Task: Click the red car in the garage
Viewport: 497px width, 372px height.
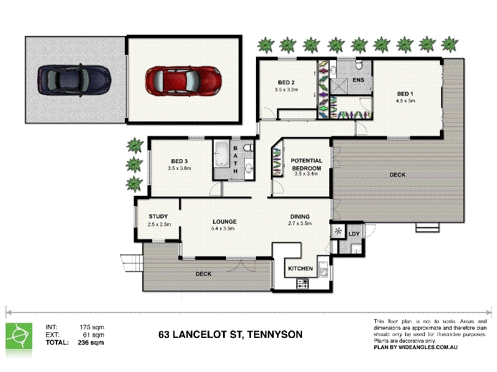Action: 183,81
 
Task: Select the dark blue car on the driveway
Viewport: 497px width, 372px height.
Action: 74,80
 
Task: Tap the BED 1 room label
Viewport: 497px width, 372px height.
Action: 405,94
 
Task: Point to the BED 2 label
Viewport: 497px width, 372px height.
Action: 286,82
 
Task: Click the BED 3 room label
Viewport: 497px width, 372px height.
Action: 180,161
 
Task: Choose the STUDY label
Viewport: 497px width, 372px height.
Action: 158,216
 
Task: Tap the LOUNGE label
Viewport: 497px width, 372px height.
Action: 224,222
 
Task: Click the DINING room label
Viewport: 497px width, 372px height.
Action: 300,216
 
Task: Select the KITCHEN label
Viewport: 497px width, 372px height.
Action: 301,268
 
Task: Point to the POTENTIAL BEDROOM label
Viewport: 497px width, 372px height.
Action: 306,164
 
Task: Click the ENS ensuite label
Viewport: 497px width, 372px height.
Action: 358,80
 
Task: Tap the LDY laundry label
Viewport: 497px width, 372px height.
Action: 354,234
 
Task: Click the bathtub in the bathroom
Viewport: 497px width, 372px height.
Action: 222,154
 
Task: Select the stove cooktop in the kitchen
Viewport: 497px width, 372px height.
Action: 302,283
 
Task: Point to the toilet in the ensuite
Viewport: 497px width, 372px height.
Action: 359,64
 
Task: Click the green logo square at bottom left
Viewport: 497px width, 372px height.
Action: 19,336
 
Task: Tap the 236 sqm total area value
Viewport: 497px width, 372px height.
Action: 91,343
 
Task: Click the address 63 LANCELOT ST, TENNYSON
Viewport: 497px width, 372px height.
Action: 230,335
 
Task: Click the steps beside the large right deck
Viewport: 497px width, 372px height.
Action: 427,227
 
